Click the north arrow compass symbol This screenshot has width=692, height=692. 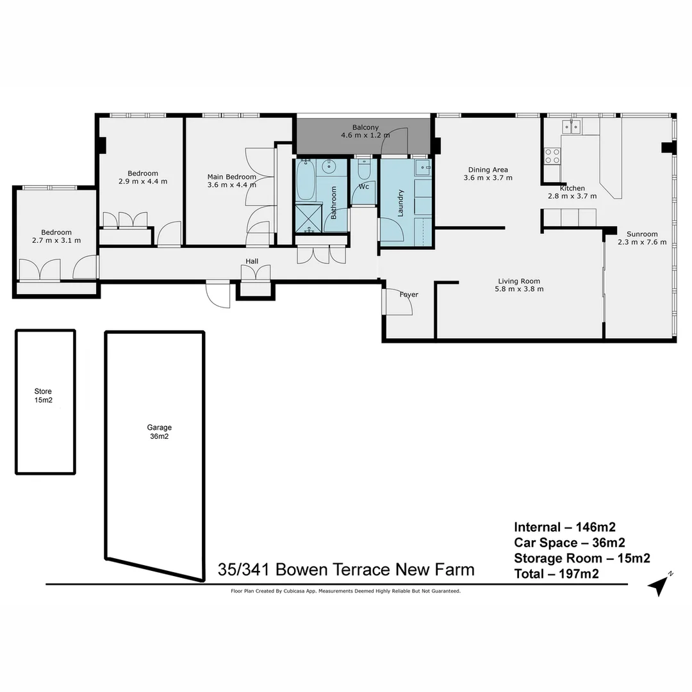(659, 585)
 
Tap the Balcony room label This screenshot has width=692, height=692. (365, 128)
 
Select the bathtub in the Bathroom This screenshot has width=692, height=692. (305, 181)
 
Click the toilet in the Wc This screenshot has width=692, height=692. (364, 171)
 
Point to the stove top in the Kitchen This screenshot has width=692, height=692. (552, 156)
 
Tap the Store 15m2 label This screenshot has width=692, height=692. (43, 395)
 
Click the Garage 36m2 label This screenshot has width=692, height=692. (159, 431)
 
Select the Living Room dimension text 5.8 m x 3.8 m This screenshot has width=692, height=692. (519, 289)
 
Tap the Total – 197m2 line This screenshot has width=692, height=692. (556, 574)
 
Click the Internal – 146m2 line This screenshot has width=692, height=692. (564, 527)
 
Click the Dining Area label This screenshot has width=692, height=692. (488, 170)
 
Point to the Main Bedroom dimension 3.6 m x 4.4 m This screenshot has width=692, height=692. (231, 185)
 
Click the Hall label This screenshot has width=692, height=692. (252, 261)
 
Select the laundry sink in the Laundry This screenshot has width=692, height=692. (423, 169)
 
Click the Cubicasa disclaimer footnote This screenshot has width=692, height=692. (345, 591)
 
